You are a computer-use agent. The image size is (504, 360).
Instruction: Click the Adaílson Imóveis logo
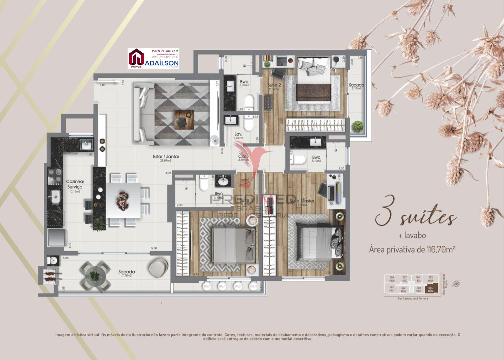pyautogui.click(x=153, y=58)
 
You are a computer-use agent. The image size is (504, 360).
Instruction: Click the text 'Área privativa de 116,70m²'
pyautogui.click(x=413, y=249)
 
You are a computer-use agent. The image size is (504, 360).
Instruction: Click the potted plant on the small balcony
pyautogui.click(x=358, y=126)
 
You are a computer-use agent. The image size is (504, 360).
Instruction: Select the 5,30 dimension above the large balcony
pyautogui.click(x=154, y=249)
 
